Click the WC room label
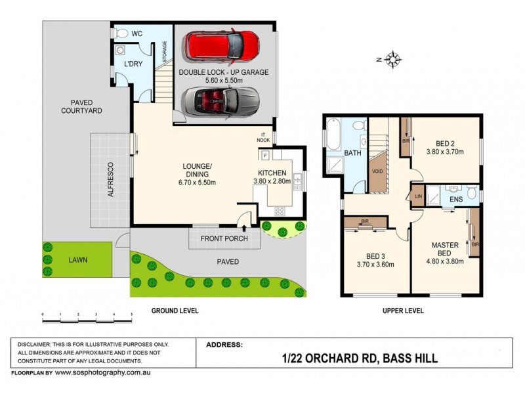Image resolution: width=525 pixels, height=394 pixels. click(137, 33)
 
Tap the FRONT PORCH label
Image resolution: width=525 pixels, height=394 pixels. click(224, 238)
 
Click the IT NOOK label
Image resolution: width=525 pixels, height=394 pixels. click(264, 138)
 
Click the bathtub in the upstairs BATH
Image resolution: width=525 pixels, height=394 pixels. click(333, 141)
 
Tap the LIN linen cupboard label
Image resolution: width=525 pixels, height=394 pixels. click(417, 196)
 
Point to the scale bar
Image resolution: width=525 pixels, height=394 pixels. click(87, 316)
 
